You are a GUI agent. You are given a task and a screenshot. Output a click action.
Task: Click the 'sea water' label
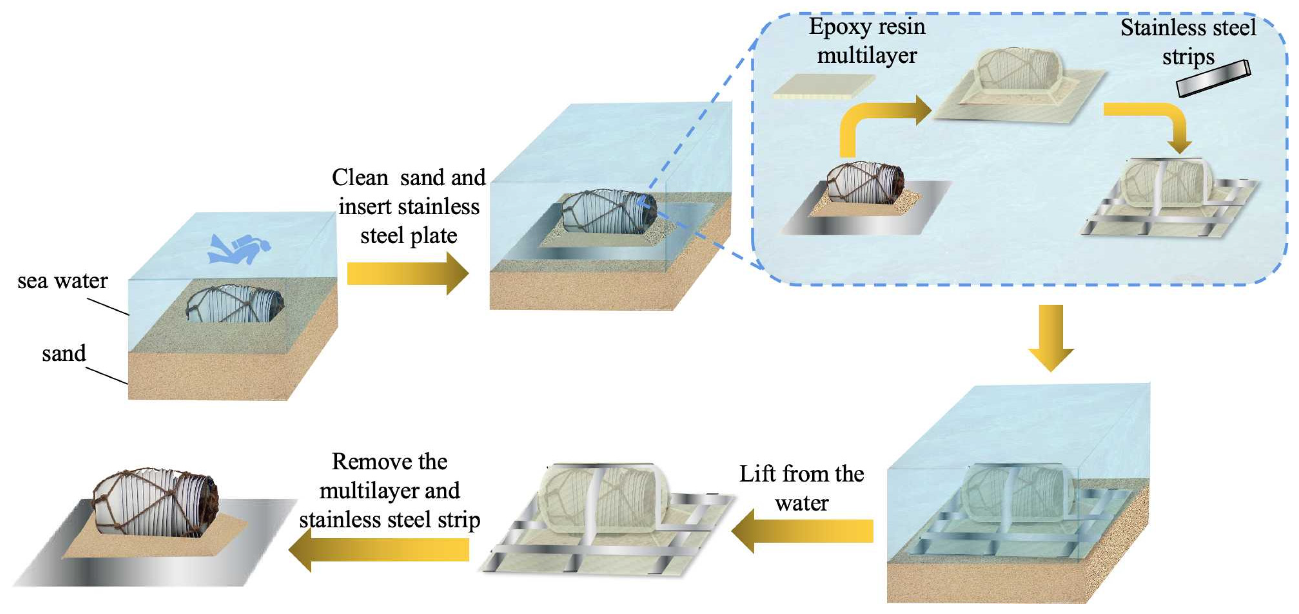[62, 281]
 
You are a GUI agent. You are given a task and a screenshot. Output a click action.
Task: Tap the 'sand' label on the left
[64, 354]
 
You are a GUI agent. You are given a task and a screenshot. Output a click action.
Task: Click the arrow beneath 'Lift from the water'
[802, 530]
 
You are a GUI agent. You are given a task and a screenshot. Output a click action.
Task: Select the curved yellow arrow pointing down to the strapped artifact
[1155, 123]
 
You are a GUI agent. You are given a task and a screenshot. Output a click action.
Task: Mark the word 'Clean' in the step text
[359, 177]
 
